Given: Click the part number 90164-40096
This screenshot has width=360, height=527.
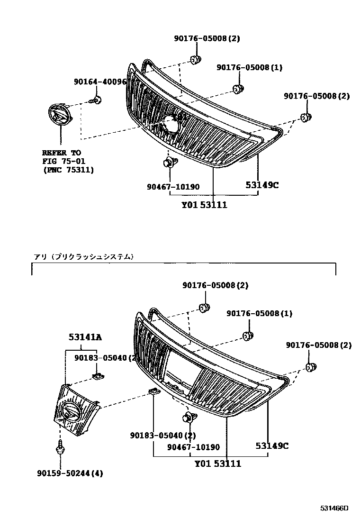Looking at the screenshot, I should [100, 82].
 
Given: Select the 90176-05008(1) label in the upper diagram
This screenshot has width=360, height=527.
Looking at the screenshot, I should [249, 67].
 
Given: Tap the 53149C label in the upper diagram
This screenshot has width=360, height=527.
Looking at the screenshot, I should [262, 185].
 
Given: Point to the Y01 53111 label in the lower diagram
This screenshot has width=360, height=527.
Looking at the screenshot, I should [218, 463].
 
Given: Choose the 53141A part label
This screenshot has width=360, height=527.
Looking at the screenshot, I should [85, 337].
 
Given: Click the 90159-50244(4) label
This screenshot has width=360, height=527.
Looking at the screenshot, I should [70, 473].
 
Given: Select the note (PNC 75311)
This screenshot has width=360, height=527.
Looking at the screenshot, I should [68, 170].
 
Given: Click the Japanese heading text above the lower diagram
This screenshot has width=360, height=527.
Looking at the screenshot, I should [83, 256].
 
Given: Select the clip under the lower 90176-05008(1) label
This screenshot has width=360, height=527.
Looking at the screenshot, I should [247, 336].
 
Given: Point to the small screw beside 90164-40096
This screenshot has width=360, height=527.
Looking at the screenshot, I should [96, 100].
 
